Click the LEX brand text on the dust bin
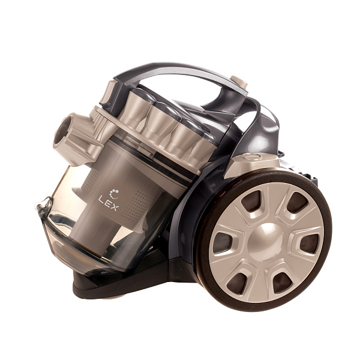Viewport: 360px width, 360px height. pyautogui.click(x=109, y=203)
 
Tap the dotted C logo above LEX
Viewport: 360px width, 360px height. pyautogui.click(x=114, y=194)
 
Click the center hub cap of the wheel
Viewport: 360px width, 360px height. pyautogui.click(x=266, y=242)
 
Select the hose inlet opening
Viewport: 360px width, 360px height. pyautogui.click(x=62, y=130)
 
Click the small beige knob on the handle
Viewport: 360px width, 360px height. pyautogui.click(x=239, y=82)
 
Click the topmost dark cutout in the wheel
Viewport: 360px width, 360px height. pyautogui.click(x=297, y=203)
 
